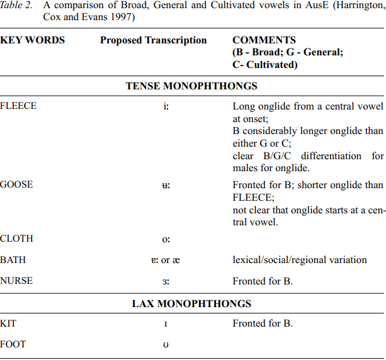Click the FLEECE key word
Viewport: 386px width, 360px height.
pos(18,106)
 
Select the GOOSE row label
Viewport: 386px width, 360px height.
pos(16,185)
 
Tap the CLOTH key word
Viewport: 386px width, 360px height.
pos(16,239)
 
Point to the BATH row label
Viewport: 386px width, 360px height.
pos(13,260)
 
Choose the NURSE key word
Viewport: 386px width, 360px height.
pos(16,281)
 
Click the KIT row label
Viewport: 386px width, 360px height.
pos(8,323)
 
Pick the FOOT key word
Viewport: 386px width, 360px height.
pos(13,344)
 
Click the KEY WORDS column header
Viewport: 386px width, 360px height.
pos(32,40)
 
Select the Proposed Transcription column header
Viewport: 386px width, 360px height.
pos(153,40)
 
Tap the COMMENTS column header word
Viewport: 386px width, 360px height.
pos(264,40)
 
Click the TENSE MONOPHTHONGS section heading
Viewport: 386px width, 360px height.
pos(191,86)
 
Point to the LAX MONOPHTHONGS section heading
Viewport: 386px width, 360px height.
pos(191,303)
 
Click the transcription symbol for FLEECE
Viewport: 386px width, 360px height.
pos(166,106)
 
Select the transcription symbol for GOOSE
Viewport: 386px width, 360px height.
pos(166,186)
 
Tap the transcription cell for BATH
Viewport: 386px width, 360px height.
pos(166,261)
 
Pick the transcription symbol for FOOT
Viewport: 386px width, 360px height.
pos(166,345)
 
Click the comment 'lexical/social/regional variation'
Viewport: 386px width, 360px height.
pos(300,260)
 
